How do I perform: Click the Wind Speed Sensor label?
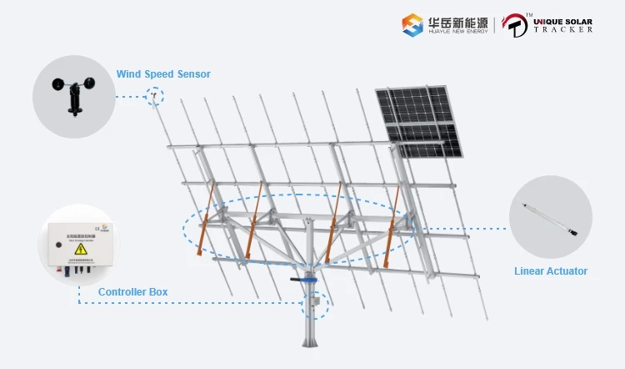pyautogui.click(x=163, y=74)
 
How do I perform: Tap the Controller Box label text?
pyautogui.click(x=132, y=292)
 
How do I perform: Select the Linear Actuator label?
pyautogui.click(x=550, y=271)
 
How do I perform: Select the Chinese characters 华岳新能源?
pyautogui.click(x=457, y=19)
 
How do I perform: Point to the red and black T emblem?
pyautogui.click(x=515, y=24)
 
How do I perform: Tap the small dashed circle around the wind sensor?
pyautogui.click(x=154, y=96)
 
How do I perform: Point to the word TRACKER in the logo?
pyautogui.click(x=565, y=29)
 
